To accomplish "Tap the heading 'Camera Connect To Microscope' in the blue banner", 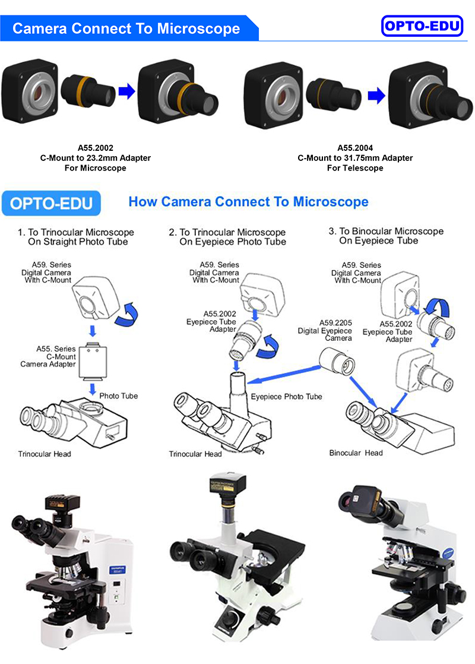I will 126,29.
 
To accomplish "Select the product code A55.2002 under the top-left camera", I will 95,149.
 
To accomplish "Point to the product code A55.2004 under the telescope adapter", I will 354,149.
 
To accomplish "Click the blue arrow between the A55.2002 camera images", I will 126,91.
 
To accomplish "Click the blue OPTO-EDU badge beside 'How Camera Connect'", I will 52,203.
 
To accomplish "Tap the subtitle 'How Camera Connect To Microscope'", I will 248,202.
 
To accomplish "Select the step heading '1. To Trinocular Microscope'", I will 75,232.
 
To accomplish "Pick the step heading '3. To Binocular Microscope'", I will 386,231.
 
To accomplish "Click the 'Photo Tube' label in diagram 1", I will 118,396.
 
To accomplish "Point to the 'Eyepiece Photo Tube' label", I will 286,397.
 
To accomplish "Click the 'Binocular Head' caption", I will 356,453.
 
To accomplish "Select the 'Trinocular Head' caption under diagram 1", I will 45,454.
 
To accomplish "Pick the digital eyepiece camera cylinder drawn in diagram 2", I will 331,359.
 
